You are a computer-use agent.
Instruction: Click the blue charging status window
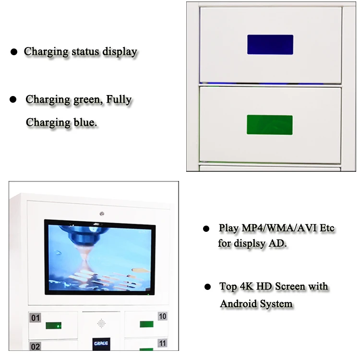click(x=270, y=44)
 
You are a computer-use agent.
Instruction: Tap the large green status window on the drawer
click(x=269, y=125)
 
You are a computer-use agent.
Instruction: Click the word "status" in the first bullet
click(x=89, y=52)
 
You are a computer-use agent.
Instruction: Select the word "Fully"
click(x=119, y=100)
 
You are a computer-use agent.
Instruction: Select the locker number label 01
click(x=36, y=318)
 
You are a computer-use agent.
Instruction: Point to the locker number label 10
click(x=163, y=316)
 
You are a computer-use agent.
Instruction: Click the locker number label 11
click(x=163, y=344)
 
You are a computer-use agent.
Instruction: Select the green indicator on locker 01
click(x=53, y=325)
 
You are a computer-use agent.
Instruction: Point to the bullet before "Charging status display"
click(x=14, y=52)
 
